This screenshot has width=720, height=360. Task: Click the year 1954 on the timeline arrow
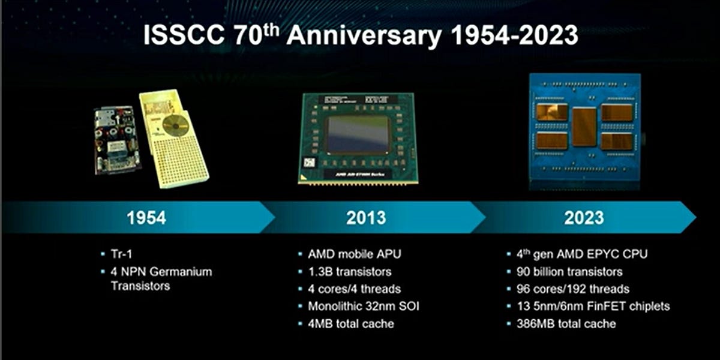pos(146,217)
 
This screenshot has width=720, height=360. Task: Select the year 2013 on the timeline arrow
pos(366,217)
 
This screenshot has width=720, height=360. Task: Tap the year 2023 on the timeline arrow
pos(583,217)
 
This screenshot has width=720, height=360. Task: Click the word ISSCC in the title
pos(181,36)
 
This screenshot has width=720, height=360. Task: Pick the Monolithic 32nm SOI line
pos(363,306)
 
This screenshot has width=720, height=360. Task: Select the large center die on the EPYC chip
pos(584,127)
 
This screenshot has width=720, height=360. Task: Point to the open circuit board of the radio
pos(118,141)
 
